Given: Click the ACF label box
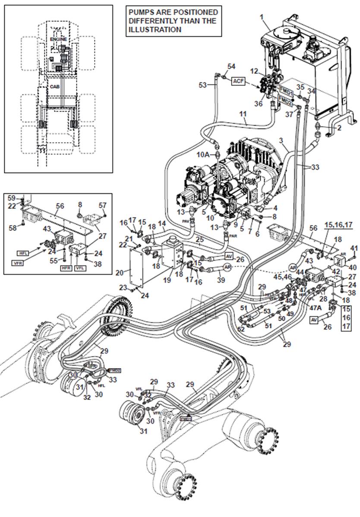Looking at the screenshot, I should tap(238, 81).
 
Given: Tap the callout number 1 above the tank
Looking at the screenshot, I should tap(261, 17).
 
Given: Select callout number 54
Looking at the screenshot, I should tap(231, 66).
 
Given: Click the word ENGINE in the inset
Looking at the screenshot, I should tap(58, 39).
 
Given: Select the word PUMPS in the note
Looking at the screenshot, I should tap(140, 12).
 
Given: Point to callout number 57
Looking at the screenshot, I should tap(102, 205).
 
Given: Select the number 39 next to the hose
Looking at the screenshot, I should tap(221, 281).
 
